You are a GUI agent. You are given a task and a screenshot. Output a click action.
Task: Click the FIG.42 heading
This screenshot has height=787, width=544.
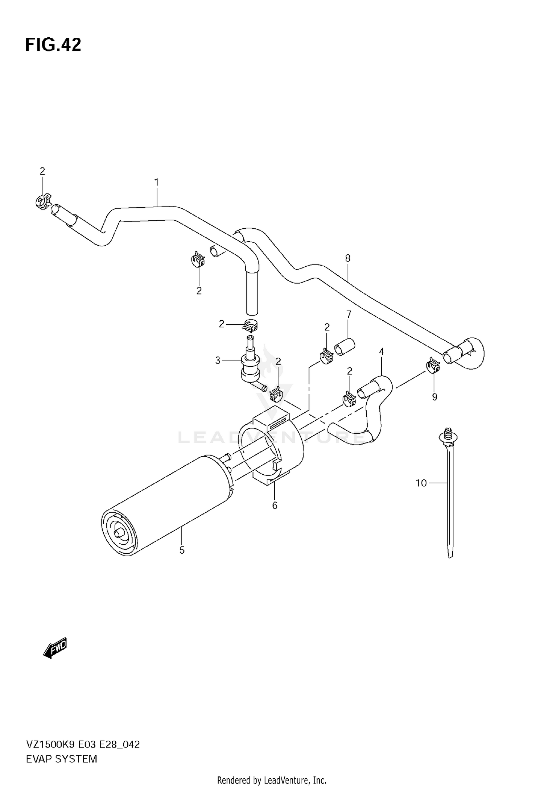click(x=53, y=45)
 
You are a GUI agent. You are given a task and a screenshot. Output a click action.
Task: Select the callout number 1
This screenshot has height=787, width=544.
click(x=157, y=182)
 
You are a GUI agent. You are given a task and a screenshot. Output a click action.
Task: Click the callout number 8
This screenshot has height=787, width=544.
click(x=348, y=258)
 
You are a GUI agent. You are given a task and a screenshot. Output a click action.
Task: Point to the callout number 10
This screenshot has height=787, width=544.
click(x=421, y=483)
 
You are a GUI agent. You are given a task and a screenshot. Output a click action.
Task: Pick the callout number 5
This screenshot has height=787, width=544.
click(x=182, y=550)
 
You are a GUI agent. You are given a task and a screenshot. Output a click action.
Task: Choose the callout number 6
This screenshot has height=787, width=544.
click(x=275, y=505)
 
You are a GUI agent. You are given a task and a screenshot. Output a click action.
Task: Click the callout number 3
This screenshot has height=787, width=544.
click(x=218, y=361)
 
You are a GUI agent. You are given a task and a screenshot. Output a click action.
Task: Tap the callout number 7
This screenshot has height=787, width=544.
click(x=349, y=314)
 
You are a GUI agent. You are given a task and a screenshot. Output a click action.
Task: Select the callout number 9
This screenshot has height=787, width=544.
click(x=434, y=397)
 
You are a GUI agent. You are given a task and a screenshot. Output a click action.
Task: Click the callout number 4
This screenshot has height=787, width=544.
click(x=382, y=351)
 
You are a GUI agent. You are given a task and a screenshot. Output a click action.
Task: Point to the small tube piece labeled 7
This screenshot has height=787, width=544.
click(x=344, y=347)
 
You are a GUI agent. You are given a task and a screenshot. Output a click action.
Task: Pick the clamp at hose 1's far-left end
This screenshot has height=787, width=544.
click(x=43, y=201)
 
